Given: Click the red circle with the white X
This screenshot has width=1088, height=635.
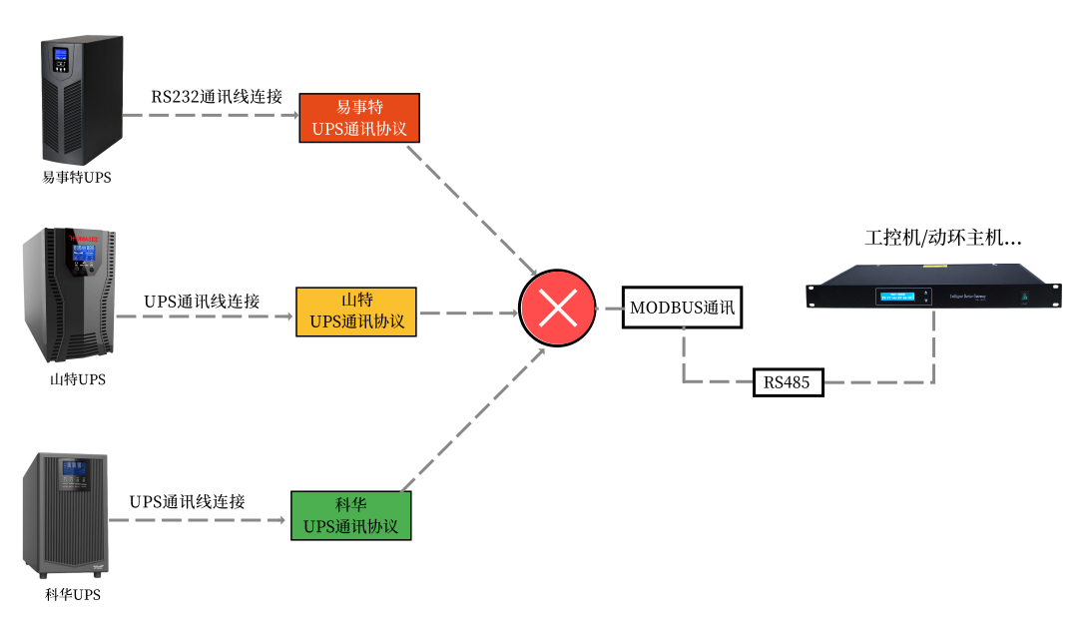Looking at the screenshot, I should coord(557,309).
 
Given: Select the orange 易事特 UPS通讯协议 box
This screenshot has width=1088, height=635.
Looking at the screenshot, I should coord(359,119).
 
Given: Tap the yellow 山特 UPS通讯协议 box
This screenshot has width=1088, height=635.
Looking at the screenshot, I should coord(356,312).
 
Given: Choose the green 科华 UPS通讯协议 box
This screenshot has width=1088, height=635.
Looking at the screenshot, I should coord(350,515).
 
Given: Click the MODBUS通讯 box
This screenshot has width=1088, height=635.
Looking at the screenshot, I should coord(683,309).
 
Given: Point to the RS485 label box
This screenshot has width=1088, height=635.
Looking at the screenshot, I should coord(788,381).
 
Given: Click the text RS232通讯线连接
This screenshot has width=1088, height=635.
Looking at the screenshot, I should coord(217,97).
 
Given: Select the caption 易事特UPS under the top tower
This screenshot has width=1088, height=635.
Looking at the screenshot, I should coord(77,178).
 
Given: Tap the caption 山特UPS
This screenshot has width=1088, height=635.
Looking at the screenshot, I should coord(77,379).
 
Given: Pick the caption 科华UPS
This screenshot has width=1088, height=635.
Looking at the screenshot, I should coord(73,595).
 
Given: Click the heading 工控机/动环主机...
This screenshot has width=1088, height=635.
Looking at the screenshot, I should coord(942,239).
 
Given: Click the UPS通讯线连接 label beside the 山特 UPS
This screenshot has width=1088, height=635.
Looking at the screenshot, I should coord(202,301).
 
